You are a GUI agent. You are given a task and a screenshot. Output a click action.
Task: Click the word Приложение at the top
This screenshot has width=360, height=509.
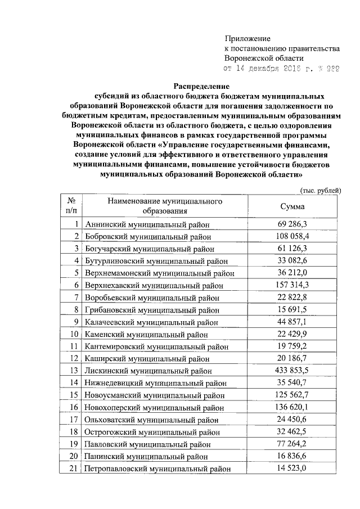pos(247,38)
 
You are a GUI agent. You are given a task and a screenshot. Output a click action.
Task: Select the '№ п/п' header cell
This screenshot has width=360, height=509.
pos(71,206)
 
